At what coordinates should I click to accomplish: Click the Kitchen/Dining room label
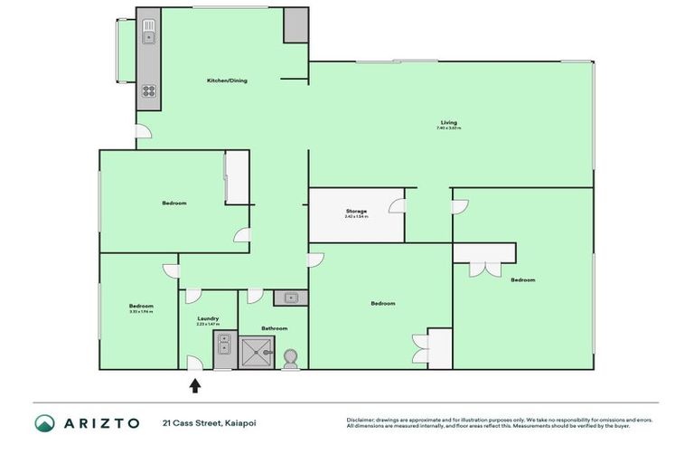click(x=227, y=80)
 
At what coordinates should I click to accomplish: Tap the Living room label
click(x=448, y=122)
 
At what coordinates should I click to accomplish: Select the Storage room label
click(x=356, y=211)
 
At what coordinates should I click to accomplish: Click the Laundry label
click(x=208, y=318)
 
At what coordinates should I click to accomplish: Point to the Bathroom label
click(x=275, y=328)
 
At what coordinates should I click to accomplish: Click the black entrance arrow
click(x=194, y=386)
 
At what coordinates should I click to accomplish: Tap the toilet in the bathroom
click(x=291, y=358)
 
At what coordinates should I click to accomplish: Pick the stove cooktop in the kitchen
click(x=148, y=91)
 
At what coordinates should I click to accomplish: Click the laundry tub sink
click(x=223, y=345)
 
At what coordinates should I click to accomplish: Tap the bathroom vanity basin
click(x=291, y=297)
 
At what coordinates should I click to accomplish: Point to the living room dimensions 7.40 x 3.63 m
click(x=448, y=128)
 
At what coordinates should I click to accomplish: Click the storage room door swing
click(x=397, y=206)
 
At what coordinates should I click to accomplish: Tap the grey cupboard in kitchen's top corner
click(x=296, y=25)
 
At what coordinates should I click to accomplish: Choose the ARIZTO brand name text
click(x=100, y=422)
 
